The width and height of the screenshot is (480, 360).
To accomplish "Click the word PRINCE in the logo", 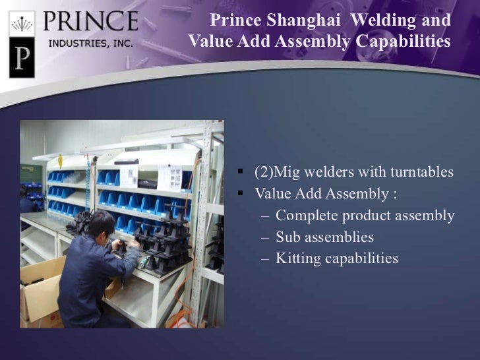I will click(90, 21).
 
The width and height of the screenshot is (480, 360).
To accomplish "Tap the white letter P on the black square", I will click(21, 59).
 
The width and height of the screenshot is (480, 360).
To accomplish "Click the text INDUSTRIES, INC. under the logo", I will click(90, 44).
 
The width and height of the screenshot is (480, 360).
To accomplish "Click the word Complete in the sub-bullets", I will click(304, 216).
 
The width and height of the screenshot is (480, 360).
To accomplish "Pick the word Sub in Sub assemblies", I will click(288, 237).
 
